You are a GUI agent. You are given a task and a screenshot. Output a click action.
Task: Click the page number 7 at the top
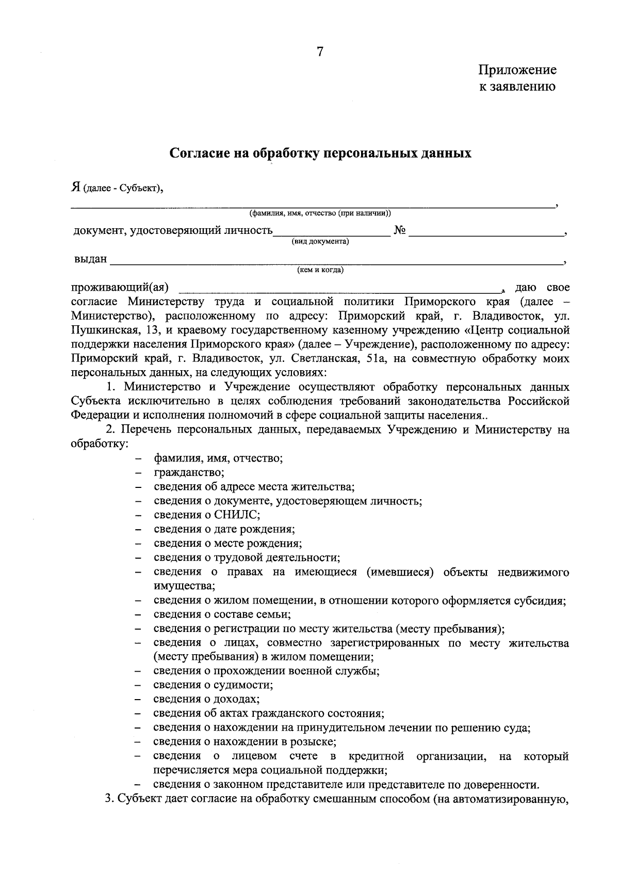(320, 52)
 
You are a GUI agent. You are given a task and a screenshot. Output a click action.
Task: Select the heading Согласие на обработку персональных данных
(320, 153)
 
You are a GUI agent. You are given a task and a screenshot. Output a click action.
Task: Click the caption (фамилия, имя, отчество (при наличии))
(320, 213)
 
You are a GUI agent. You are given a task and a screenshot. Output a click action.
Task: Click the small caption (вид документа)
(320, 241)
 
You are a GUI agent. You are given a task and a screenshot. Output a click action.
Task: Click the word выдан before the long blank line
(90, 259)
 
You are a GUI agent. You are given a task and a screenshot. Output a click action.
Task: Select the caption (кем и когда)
(320, 270)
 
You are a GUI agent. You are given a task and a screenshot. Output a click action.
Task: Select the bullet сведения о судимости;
(213, 685)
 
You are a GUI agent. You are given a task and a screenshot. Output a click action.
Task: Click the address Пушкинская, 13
(109, 330)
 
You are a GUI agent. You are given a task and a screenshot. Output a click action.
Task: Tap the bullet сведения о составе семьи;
(222, 614)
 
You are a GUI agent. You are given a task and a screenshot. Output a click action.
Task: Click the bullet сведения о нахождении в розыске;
(245, 742)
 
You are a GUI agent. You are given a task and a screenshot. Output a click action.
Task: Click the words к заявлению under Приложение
(517, 86)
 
